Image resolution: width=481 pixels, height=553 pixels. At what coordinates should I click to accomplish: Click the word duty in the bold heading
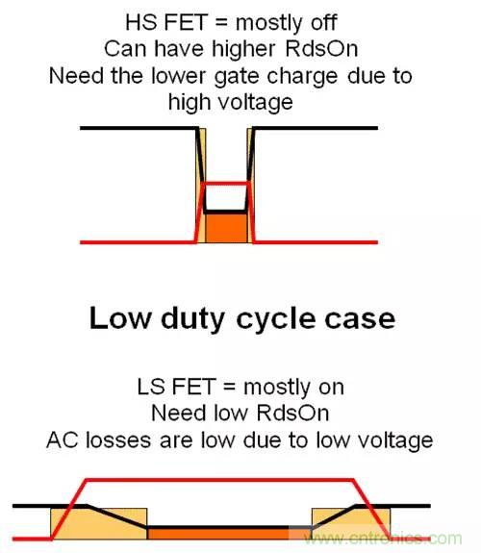pyautogui.click(x=187, y=318)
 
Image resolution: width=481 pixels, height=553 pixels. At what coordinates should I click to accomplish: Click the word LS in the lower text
pyautogui.click(x=150, y=387)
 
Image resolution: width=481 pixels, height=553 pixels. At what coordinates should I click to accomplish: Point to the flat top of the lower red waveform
pyautogui.click(x=221, y=478)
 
